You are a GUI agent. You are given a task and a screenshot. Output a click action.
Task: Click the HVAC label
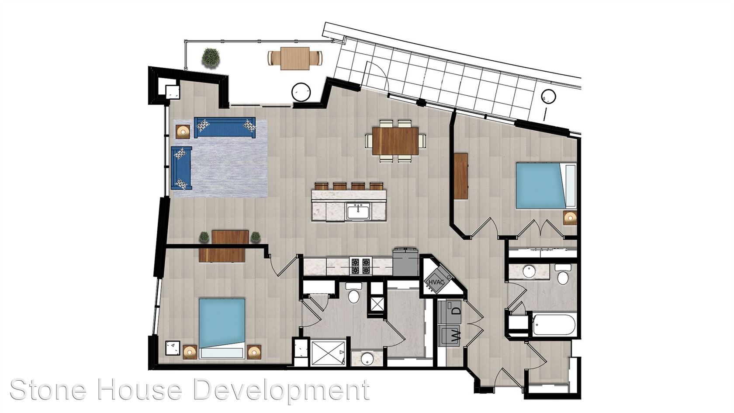pyautogui.click(x=434, y=281)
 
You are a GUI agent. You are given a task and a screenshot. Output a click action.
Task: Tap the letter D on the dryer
pyautogui.click(x=457, y=309)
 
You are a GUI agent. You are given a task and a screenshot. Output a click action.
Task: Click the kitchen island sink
pyautogui.click(x=358, y=211)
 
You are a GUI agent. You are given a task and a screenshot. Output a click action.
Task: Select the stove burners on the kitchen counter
pyautogui.click(x=360, y=266)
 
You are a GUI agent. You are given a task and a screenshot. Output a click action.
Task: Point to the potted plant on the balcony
pyautogui.click(x=211, y=58)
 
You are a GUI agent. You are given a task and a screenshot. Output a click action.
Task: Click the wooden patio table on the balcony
pyautogui.click(x=295, y=59)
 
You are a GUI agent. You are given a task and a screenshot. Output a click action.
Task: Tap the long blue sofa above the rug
pyautogui.click(x=225, y=127)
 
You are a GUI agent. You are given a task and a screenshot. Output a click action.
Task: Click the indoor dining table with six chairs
pyautogui.click(x=395, y=141)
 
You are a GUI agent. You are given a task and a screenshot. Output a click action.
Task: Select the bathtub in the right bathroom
pyautogui.click(x=554, y=325)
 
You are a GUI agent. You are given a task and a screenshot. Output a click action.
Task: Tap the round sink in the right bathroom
pyautogui.click(x=529, y=271)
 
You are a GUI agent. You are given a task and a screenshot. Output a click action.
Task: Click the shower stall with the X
pyautogui.click(x=328, y=354)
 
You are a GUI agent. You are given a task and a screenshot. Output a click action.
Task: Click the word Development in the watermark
pyautogui.click(x=281, y=391)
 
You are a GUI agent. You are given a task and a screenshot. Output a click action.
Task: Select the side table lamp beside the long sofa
pyautogui.click(x=183, y=132)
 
